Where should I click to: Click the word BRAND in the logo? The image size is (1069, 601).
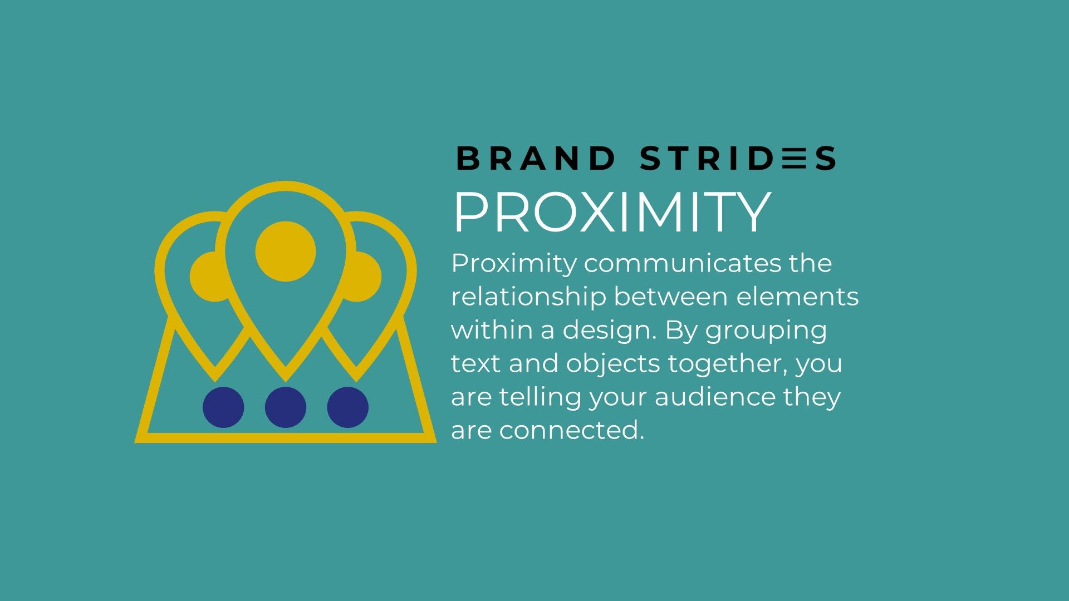[x=536, y=159]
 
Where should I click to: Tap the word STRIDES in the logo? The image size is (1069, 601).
[x=738, y=159]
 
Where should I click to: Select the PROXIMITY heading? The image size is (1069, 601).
[x=612, y=213]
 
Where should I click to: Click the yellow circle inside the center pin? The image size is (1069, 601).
[x=286, y=252]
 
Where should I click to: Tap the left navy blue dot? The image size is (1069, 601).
[x=223, y=407]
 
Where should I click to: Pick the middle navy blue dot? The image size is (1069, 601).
[x=286, y=407]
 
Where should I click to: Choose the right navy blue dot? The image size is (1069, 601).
[x=348, y=407]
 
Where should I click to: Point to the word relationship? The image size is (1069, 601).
[x=528, y=297]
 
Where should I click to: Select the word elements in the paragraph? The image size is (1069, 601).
[x=797, y=297]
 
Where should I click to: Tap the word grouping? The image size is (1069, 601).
[x=766, y=331]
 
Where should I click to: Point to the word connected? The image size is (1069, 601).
[x=571, y=430]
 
